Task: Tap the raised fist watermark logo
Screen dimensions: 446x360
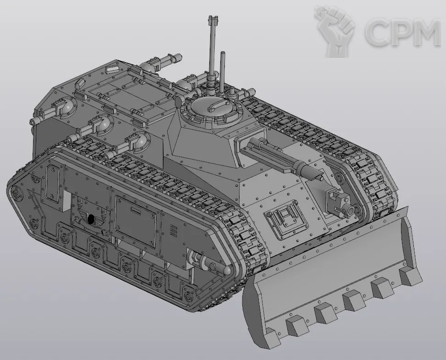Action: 335,31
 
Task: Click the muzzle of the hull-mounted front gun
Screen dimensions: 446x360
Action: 351,210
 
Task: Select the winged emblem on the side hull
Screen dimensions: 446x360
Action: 90,219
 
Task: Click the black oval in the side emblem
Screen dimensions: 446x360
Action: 91,219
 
